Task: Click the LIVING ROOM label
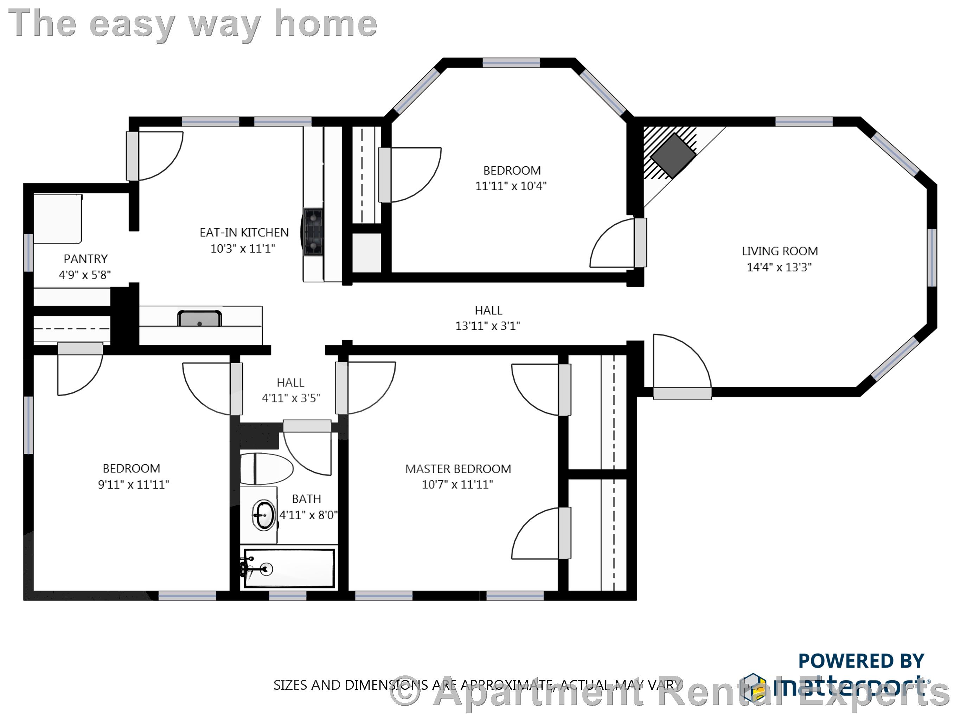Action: (x=780, y=251)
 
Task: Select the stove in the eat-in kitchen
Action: (x=313, y=232)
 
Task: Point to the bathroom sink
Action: (x=263, y=515)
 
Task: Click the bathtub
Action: (x=289, y=568)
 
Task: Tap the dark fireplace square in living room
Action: (x=673, y=155)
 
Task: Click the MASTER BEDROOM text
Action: (x=458, y=469)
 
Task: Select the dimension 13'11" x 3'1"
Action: (x=487, y=326)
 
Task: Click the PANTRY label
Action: (x=85, y=259)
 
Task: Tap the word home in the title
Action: (x=326, y=24)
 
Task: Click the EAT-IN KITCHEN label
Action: (x=244, y=233)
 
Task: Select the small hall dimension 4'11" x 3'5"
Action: (x=291, y=398)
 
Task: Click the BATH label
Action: (x=306, y=499)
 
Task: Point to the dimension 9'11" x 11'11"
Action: (x=133, y=484)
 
